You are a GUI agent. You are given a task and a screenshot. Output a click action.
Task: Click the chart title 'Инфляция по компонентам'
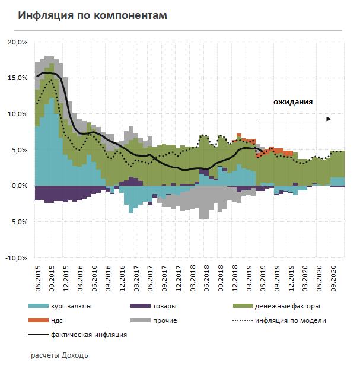(92, 15)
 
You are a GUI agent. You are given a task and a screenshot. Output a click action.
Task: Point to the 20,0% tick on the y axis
(18, 42)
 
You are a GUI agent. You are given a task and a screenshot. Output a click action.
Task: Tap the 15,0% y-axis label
(18, 78)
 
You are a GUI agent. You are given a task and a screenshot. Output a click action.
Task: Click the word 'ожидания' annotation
(293, 102)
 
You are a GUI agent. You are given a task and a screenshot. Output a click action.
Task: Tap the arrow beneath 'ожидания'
(295, 119)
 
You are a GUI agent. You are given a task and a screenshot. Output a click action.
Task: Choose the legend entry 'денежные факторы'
(288, 306)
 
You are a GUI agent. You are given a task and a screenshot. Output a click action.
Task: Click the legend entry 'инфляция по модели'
(291, 320)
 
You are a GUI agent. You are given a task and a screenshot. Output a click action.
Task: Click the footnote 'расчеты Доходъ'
(59, 357)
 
